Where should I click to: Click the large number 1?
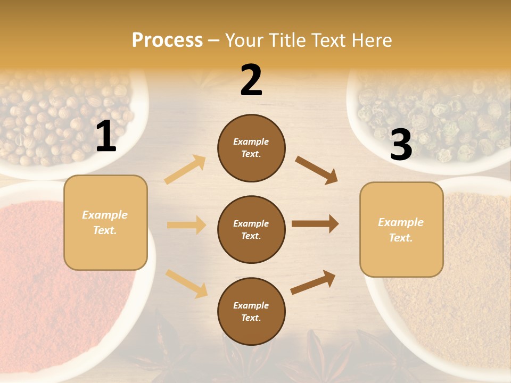pos(106,137)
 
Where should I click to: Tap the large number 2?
pos(251,80)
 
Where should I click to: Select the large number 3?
pos(401,145)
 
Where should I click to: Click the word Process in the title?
pos(167,40)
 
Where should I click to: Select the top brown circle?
pos(251,147)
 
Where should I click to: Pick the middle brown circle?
pos(251,229)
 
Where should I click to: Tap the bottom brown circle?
pos(251,311)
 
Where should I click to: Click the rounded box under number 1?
pos(105,222)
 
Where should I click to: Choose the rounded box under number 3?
pos(401,229)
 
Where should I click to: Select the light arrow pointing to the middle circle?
pos(186,225)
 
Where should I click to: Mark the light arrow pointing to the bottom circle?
pos(187,283)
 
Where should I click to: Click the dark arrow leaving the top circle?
pos(316,170)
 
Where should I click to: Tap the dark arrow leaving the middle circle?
pos(315,224)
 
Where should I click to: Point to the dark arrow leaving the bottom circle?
pos(313,282)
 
